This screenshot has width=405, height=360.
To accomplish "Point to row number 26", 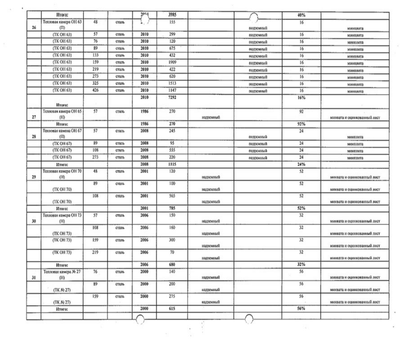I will click(34, 27).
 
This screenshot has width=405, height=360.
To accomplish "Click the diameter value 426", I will click(95, 90).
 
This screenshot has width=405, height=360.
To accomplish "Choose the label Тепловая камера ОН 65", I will click(62, 111).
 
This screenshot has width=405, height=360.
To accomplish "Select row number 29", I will click(34, 177).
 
